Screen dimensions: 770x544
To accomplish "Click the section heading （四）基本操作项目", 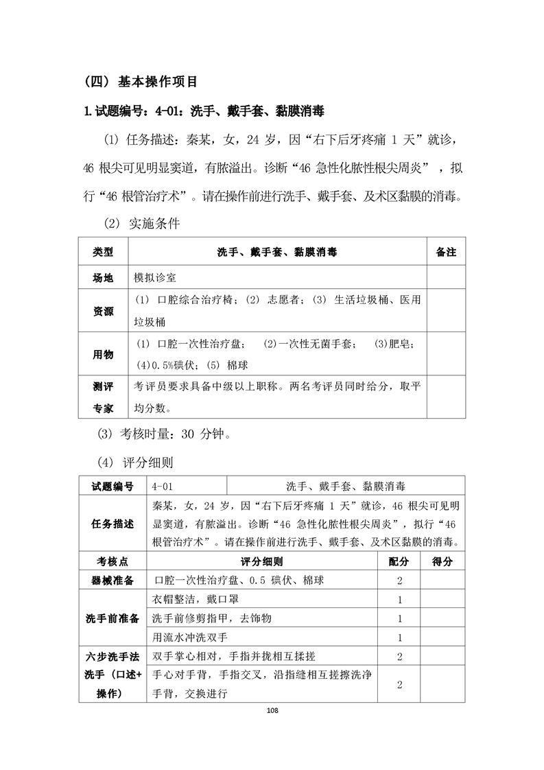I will (x=141, y=82).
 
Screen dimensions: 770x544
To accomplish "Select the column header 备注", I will (x=446, y=253).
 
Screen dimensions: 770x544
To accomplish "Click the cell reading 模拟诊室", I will (x=156, y=279).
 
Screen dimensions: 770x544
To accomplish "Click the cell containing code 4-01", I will (x=163, y=487).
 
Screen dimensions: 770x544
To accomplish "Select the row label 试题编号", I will (x=113, y=487).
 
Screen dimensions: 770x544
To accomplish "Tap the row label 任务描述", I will (x=113, y=524).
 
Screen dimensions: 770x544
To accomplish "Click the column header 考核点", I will (x=113, y=561).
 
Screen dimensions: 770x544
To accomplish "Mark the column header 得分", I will (x=442, y=561).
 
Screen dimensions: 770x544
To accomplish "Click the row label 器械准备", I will (x=113, y=581).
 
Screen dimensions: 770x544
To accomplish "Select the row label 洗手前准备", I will (x=113, y=618).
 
